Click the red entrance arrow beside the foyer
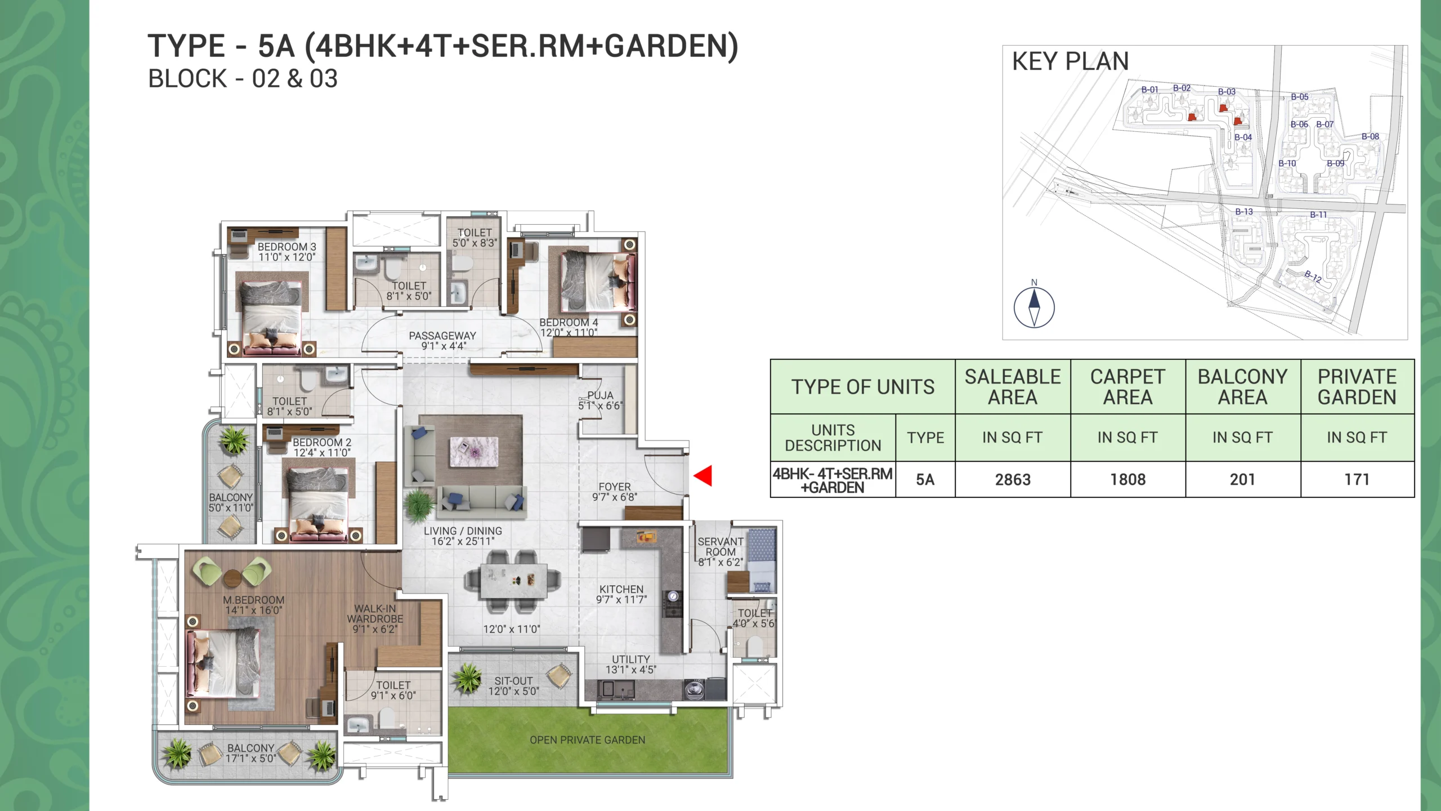click(x=704, y=476)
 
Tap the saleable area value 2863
click(x=1013, y=480)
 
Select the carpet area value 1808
click(x=1128, y=480)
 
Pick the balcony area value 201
click(x=1242, y=480)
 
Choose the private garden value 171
click(x=1357, y=480)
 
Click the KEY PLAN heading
click(x=1071, y=61)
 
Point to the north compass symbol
click(x=1034, y=308)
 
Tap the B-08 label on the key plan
click(x=1370, y=136)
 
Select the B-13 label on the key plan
click(x=1244, y=212)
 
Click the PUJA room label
click(x=600, y=395)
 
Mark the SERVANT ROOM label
click(x=720, y=547)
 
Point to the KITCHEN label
click(x=621, y=589)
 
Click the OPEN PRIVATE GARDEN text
click(x=588, y=740)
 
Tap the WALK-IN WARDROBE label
click(x=375, y=614)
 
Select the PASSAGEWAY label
click(x=442, y=336)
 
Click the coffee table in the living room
click(x=474, y=452)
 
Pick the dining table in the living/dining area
click(x=514, y=582)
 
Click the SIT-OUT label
click(x=513, y=681)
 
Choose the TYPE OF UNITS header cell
click(x=863, y=387)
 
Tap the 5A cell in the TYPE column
click(x=925, y=480)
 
